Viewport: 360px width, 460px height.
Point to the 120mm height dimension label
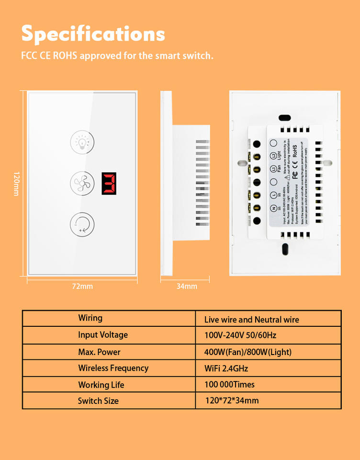[16, 184]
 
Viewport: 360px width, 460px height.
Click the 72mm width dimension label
[82, 287]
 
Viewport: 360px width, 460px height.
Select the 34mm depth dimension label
[187, 287]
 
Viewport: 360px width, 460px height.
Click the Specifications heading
[93, 34]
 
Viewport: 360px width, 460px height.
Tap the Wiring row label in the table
[90, 318]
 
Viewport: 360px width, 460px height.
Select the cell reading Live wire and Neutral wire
[251, 320]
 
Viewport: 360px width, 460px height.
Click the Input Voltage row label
[103, 335]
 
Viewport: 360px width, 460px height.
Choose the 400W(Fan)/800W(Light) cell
[248, 352]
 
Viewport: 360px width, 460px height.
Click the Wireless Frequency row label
[113, 368]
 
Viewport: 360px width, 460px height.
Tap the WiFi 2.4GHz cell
[226, 368]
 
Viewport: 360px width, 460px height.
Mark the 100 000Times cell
[229, 385]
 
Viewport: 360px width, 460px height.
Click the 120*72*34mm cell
[232, 401]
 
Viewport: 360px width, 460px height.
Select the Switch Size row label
[98, 401]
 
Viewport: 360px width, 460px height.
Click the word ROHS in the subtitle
[65, 56]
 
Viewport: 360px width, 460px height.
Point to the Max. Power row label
[99, 352]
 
